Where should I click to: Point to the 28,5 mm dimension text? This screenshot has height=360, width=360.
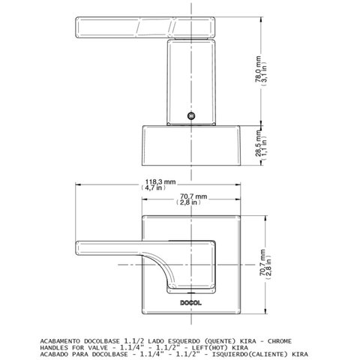[x=258, y=145]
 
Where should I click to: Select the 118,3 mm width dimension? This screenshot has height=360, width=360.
[x=160, y=182]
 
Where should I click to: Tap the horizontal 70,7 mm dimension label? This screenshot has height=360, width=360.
[x=193, y=196]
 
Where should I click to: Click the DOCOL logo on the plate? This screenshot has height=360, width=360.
[x=190, y=303]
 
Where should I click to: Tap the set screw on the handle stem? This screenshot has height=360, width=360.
[x=191, y=115]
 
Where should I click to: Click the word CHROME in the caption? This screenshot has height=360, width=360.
[x=280, y=341]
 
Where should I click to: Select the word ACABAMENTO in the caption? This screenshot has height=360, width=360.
[x=60, y=341]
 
